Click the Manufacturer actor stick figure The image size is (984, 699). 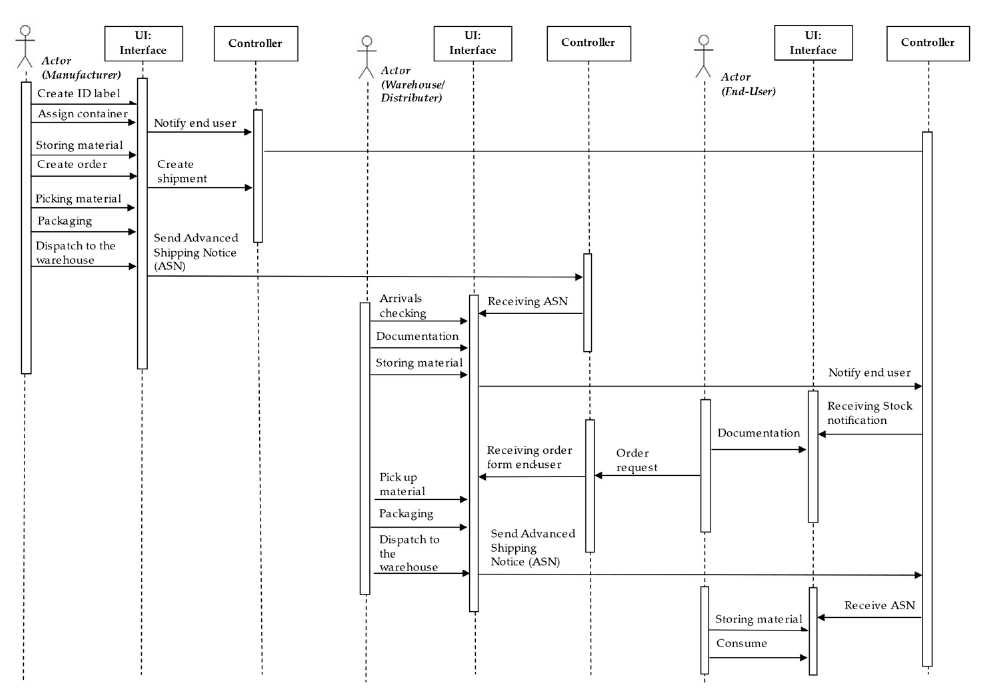(25, 47)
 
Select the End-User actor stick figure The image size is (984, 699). (703, 56)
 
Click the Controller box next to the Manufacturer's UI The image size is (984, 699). (256, 43)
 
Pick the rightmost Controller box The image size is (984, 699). (928, 43)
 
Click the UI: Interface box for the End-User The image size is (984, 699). (813, 43)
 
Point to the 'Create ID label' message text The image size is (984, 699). (78, 93)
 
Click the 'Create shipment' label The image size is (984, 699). (181, 171)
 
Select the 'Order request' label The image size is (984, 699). (636, 460)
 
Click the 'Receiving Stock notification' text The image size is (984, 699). (869, 413)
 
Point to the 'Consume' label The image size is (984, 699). (741, 643)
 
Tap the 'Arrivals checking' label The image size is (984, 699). (402, 306)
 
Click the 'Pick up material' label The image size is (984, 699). (401, 484)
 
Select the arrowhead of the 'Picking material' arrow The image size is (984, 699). (131, 208)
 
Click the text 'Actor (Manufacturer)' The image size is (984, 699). (81, 68)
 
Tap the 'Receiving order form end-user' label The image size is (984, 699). (529, 457)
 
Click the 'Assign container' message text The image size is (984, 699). (82, 114)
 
